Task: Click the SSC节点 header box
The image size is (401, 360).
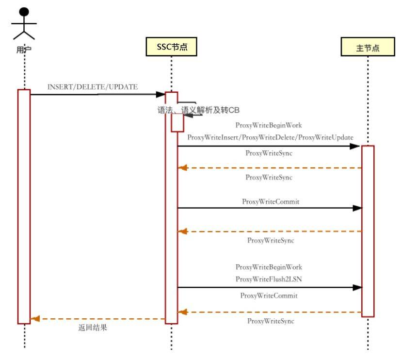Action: (172, 47)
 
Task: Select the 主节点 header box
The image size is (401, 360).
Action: (367, 49)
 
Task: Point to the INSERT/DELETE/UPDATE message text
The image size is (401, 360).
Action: (93, 87)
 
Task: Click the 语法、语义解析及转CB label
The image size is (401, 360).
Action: (198, 110)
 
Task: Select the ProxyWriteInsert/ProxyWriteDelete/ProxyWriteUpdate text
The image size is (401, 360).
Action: (270, 137)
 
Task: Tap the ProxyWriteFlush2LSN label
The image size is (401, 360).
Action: (269, 279)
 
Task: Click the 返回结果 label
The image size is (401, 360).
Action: (93, 327)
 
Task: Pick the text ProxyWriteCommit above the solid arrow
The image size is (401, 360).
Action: (271, 201)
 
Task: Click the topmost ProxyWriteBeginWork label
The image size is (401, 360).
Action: (269, 125)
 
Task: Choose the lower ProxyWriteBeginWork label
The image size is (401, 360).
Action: (269, 267)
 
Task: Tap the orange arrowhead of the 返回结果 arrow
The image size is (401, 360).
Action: (35, 319)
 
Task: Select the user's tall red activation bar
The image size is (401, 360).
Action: (24, 206)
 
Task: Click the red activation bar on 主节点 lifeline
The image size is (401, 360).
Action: (368, 231)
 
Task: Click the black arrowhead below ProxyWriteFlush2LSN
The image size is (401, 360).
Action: (357, 288)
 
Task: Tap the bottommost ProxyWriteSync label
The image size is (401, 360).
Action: (271, 321)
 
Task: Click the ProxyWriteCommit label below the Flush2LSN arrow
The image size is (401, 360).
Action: (269, 295)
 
